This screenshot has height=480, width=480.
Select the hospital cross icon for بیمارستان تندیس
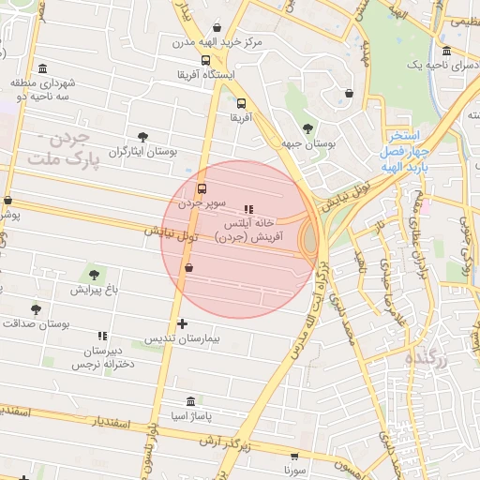pos(182,323)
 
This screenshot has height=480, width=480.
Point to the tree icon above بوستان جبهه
pos(307,128)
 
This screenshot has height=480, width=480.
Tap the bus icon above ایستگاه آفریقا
pos(206,60)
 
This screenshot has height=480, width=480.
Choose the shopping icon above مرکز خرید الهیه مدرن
pos(217,28)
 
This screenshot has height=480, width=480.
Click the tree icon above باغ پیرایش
pos(92,274)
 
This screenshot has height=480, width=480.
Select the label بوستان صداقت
pos(37,323)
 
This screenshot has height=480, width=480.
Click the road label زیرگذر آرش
pos(227,445)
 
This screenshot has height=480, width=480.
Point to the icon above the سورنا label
pos(296,457)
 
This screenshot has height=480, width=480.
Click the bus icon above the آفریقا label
pos(242,104)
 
